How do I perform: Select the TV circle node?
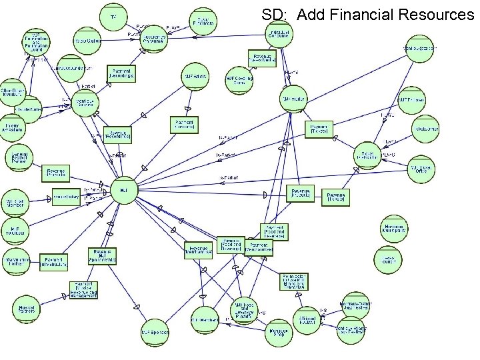coord(113,15)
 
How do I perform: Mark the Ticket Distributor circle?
coord(367,155)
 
